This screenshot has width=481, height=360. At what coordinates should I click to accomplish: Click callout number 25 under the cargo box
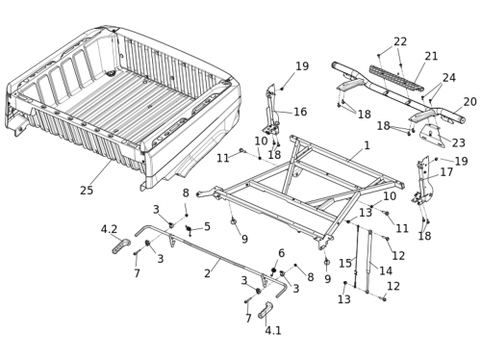[x=87, y=190]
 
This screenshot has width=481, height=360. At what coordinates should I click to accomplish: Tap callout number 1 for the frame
[x=367, y=145]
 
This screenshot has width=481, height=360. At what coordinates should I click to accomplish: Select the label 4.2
[x=109, y=229]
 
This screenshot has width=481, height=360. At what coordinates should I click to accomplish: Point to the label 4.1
[x=273, y=330]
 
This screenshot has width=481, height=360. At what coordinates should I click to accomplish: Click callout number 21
[x=431, y=56]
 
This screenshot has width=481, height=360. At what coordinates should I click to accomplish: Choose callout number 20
[x=469, y=102]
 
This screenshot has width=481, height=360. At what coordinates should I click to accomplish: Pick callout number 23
[x=458, y=142]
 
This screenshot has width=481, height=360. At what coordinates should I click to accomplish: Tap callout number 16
[x=300, y=112]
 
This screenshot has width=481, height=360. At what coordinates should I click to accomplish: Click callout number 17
[x=446, y=172]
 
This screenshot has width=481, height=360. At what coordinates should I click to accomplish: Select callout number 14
[x=386, y=270]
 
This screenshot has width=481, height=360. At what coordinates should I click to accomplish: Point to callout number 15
[x=345, y=264]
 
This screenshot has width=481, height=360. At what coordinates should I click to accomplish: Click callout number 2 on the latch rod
[x=208, y=273]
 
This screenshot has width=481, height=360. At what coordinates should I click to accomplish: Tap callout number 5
[x=207, y=226]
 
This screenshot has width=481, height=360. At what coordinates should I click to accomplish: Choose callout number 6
[x=281, y=253]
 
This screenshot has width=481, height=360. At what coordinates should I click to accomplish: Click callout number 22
[x=400, y=41]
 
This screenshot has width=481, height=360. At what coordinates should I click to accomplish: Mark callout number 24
[x=449, y=78]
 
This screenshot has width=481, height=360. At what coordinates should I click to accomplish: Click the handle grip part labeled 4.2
[x=121, y=246]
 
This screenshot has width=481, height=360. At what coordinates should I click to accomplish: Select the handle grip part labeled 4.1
[x=266, y=310]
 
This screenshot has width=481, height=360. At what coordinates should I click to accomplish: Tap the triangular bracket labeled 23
[x=433, y=136]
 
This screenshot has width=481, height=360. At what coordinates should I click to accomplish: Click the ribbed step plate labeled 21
[x=396, y=78]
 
